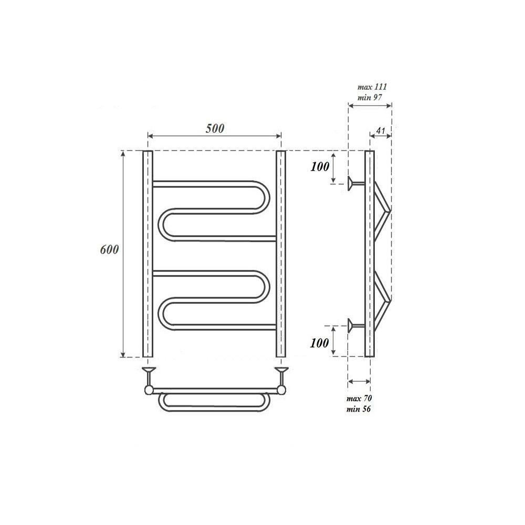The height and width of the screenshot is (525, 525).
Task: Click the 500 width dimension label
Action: tap(214, 128)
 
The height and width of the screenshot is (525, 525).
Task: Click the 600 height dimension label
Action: tap(109, 250)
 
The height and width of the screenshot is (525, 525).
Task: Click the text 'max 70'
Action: tap(360, 399)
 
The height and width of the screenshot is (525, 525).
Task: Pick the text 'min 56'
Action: tap(360, 409)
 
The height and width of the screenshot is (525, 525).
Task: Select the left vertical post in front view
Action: tap(148, 254)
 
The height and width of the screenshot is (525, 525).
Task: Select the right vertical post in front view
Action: tap(281, 254)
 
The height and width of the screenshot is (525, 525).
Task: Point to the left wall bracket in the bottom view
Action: tap(149, 374)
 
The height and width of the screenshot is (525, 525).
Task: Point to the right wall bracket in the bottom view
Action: tap(283, 374)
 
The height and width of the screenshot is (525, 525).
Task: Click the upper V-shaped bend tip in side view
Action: tap(389, 210)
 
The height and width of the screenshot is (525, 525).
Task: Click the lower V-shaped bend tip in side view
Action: tap(389, 299)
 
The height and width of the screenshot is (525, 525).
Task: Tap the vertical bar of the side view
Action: tap(369, 254)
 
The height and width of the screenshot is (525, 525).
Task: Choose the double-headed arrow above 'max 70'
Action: tap(360, 382)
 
